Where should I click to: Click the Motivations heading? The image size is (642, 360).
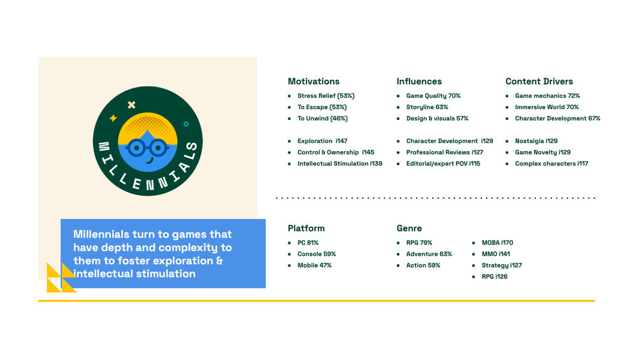tap(313, 81)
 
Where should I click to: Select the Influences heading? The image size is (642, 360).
tap(419, 81)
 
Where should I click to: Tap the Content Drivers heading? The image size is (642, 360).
tap(539, 81)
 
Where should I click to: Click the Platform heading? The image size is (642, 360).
tap(306, 228)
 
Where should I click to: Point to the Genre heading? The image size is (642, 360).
tap(409, 228)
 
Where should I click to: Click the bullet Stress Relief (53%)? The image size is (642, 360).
tap(326, 96)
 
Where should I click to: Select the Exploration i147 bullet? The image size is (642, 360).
tap(322, 141)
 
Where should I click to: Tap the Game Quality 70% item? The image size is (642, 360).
tap(433, 96)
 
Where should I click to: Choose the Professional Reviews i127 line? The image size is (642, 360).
tap(445, 152)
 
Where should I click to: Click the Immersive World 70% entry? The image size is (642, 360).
tap(547, 107)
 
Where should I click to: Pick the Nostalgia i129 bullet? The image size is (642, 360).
tap(536, 141)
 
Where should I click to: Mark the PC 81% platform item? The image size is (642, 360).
tap(308, 243)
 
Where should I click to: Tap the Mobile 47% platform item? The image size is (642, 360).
tap(315, 265)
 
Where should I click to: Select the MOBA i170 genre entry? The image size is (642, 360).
tap(497, 243)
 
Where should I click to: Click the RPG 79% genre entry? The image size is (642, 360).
tap(419, 243)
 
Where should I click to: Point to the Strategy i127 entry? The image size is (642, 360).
tap(502, 265)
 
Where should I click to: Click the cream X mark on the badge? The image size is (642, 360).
tap(132, 105)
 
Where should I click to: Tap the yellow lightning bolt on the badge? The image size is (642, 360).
tap(113, 118)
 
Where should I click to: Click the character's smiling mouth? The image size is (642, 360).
tap(150, 161)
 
